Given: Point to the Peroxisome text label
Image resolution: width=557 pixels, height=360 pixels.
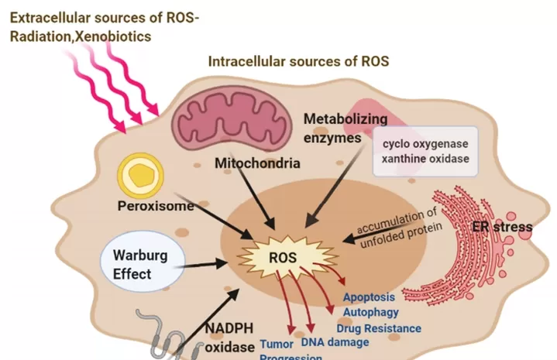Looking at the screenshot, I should pos(156,207).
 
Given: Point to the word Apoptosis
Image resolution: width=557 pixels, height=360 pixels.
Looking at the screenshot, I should pos(369,297).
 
